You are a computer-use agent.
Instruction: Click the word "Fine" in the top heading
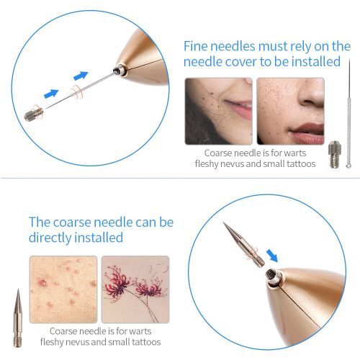tap(195, 46)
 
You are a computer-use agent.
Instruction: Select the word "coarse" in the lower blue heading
tap(72, 222)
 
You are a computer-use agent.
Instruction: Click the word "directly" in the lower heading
tap(50, 238)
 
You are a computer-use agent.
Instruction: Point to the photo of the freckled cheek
tap(290, 111)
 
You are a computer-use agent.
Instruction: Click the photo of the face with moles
tap(219, 111)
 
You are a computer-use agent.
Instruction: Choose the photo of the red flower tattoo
tap(135, 289)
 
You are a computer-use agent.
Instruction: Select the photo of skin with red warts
tap(63, 289)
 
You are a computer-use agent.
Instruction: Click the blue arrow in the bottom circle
tap(272, 256)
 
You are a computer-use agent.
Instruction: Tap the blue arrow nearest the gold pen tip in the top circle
tap(81, 76)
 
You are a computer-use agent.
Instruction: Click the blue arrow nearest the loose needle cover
tap(51, 94)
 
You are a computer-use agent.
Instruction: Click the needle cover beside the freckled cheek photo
tap(335, 154)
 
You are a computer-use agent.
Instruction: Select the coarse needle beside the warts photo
tap(18, 318)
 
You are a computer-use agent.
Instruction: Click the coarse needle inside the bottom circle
tap(244, 244)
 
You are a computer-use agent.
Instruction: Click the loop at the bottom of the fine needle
tap(348, 165)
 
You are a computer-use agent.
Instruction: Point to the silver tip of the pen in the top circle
tap(120, 70)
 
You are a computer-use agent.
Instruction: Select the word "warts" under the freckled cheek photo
tap(295, 153)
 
